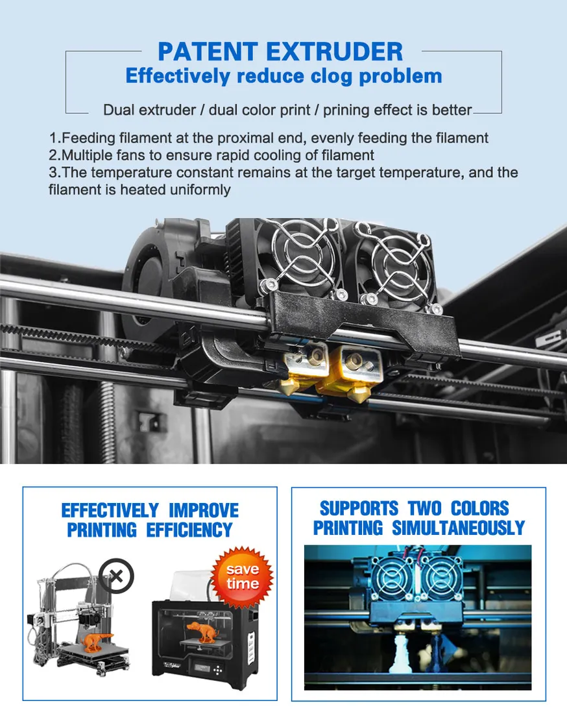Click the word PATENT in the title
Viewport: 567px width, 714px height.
208,51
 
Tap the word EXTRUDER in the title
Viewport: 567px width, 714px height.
335,51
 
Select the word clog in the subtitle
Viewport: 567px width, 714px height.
331,77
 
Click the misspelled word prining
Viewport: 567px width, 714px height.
346,110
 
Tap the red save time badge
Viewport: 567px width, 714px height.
242,577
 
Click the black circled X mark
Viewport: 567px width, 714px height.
117,576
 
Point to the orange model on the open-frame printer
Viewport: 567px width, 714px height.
97,642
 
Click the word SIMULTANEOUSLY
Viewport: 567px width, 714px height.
458,528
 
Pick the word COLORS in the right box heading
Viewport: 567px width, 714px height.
479,508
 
